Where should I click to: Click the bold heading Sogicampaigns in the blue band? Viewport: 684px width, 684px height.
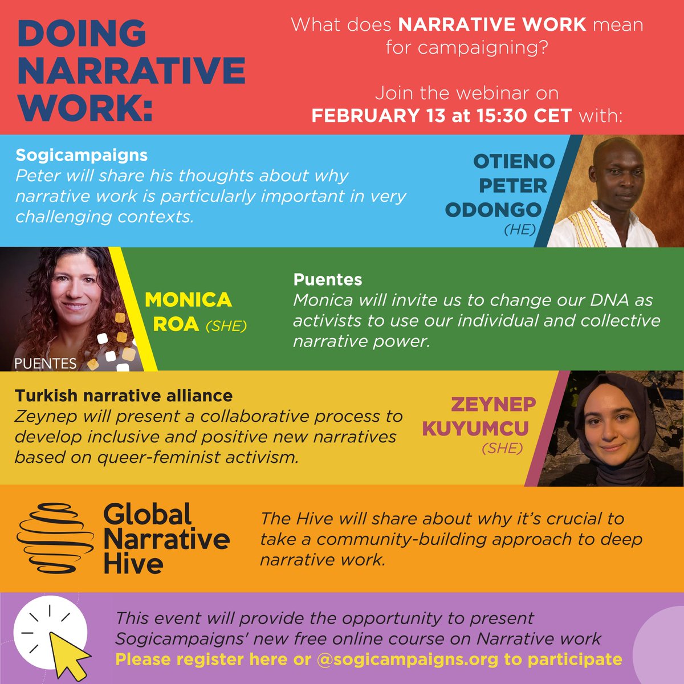(x=82, y=155)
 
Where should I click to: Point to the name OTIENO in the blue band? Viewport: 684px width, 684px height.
(x=514, y=161)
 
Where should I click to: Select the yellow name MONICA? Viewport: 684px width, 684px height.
(x=188, y=300)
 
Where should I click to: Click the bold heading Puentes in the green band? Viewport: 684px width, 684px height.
(x=328, y=279)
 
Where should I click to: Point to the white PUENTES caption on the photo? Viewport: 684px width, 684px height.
(x=46, y=363)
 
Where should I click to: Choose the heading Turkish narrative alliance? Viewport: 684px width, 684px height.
(x=124, y=395)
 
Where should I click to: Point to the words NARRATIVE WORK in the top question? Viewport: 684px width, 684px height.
(x=492, y=25)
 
